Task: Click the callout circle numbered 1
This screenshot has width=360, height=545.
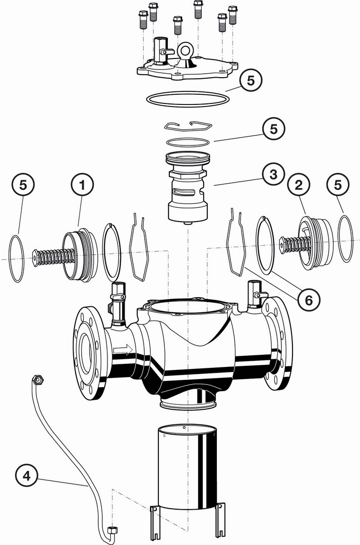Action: pyautogui.click(x=82, y=185)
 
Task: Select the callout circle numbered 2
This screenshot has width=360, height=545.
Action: pyautogui.click(x=298, y=185)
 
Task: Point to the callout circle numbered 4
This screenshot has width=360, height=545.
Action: pyautogui.click(x=26, y=475)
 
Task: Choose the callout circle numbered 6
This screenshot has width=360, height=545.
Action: pyautogui.click(x=309, y=300)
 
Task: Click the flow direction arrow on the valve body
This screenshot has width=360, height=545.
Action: pyautogui.click(x=123, y=349)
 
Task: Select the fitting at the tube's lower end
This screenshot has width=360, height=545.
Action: pyautogui.click(x=112, y=530)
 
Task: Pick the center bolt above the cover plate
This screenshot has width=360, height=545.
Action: pyautogui.click(x=178, y=25)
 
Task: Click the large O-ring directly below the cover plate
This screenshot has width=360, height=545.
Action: pyautogui.click(x=188, y=99)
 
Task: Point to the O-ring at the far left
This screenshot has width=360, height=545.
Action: pyautogui.click(x=16, y=258)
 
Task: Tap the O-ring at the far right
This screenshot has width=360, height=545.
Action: pyautogui.click(x=345, y=239)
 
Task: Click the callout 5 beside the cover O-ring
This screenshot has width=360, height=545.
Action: pyautogui.click(x=250, y=81)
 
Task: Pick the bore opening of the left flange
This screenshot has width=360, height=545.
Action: pyautogui.click(x=86, y=350)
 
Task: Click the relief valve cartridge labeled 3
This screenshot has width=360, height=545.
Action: pyautogui.click(x=188, y=188)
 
